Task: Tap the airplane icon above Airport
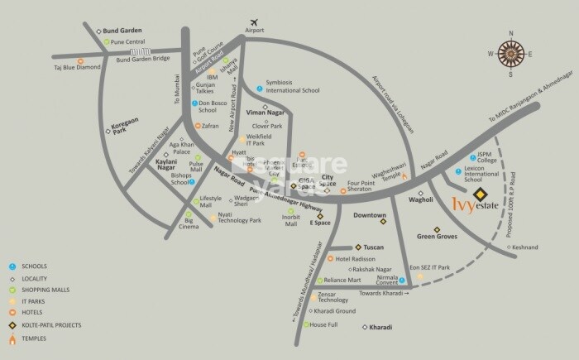(254, 19)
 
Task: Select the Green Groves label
(438, 237)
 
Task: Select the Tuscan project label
(376, 247)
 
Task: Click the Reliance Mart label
(342, 281)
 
